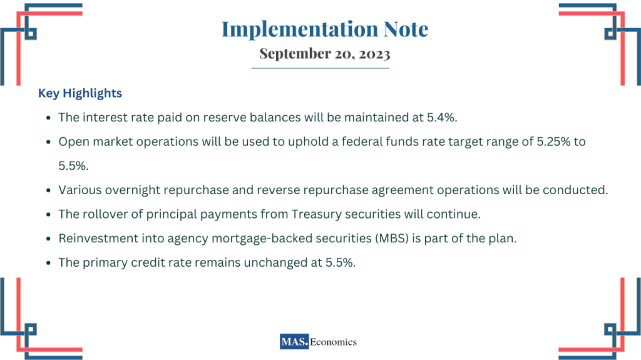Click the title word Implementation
(x=293, y=29)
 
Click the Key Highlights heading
(x=80, y=93)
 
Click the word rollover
(x=103, y=214)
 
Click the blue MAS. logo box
(x=295, y=342)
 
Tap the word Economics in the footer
(x=335, y=342)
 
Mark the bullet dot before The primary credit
(x=48, y=263)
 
